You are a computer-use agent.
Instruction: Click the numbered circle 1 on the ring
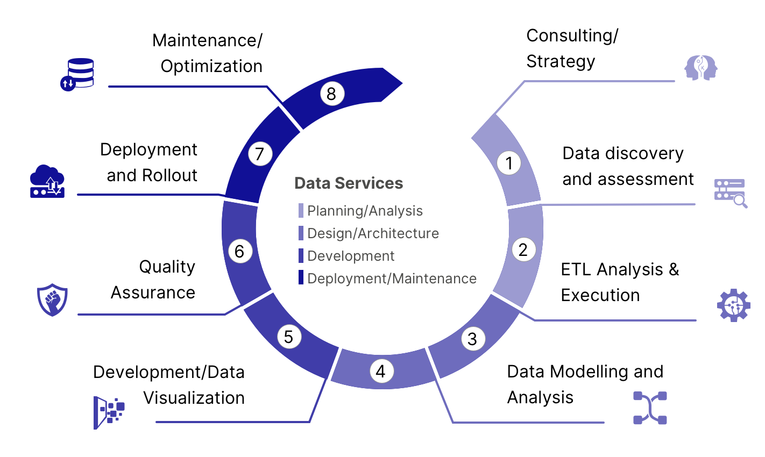[x=509, y=162]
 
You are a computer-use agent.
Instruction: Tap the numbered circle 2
[x=523, y=249]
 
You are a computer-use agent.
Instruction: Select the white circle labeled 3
[x=472, y=339]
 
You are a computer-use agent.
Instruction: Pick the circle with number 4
[x=381, y=371]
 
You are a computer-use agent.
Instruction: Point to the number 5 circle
[x=289, y=337]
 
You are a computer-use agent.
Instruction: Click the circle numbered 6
[x=240, y=251]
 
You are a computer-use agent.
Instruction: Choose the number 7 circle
[x=260, y=154]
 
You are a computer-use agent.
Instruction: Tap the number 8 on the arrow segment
[x=331, y=94]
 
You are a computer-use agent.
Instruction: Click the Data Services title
[x=349, y=183]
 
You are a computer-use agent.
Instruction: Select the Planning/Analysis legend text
[x=365, y=211]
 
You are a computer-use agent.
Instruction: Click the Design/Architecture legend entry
[x=373, y=233]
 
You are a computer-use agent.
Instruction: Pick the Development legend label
[x=351, y=256]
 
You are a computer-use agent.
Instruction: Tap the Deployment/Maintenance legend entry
[x=392, y=279]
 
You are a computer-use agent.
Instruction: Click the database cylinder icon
[x=77, y=74]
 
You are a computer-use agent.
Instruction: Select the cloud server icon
[x=47, y=181]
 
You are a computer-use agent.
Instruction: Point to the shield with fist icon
[x=52, y=299]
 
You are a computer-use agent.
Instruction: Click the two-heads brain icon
[x=701, y=68]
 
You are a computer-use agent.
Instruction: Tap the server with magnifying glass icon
[x=730, y=192]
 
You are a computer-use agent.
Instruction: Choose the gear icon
[x=733, y=305]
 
